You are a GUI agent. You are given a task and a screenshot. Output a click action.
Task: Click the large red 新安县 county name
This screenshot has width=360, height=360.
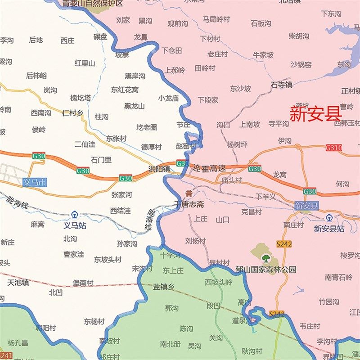point(315,113)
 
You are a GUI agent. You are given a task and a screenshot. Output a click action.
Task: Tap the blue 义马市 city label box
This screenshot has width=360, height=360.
point(35,183)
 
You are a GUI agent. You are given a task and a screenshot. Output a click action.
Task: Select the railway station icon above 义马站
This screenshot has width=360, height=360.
point(74,216)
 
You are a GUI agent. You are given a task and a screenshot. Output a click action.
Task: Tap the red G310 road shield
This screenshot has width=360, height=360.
point(333,148)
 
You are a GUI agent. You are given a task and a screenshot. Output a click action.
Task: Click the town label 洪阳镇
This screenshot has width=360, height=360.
point(159,169)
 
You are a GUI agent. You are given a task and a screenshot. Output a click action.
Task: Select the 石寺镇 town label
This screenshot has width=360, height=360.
point(281,84)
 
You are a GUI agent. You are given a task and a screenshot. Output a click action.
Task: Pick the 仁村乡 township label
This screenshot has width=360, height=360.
point(72,113)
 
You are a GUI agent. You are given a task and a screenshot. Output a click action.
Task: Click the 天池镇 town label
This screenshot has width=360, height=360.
point(18,283)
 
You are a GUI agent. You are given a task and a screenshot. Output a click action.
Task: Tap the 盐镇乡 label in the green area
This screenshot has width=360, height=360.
point(163,287)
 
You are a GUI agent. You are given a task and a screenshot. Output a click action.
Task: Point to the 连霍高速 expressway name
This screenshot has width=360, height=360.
point(209,168)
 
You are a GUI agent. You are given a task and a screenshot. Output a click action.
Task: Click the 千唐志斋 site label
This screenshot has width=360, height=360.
point(189,204)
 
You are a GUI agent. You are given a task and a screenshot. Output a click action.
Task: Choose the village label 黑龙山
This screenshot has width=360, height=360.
point(134,106)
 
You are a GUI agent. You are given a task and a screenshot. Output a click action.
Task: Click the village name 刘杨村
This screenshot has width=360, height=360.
point(195,241)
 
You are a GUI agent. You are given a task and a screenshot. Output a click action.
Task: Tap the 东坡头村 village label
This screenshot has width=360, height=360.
point(108,260)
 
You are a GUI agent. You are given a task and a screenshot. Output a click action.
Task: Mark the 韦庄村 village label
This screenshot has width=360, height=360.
point(310,326)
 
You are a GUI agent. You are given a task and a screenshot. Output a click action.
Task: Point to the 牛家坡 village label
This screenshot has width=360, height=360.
point(263,55)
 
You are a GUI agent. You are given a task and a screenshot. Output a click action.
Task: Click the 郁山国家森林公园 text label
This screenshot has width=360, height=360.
point(265,270)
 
